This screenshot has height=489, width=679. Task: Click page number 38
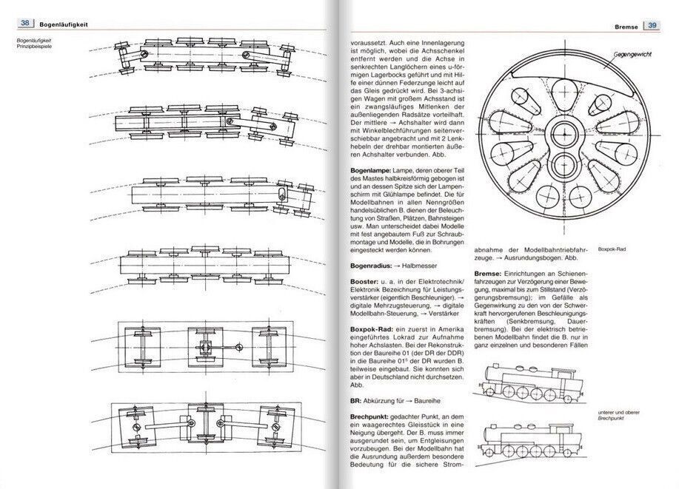coord(24,23)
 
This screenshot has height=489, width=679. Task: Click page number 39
coord(652,26)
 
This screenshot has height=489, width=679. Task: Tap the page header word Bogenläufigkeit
coord(63,24)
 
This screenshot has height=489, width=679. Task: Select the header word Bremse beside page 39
coord(626,27)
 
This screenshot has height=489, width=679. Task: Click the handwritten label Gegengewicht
coord(632,55)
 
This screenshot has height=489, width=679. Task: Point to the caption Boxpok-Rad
coord(612,249)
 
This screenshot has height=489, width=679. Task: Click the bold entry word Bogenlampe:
coord(371,170)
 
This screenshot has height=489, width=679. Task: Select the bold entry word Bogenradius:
coord(371,266)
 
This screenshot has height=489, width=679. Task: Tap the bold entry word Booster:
coord(363,282)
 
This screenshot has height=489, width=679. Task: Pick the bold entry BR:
coord(356,401)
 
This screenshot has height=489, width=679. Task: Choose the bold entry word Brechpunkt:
coord(369,417)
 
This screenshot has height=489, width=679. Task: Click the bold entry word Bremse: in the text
coord(488,274)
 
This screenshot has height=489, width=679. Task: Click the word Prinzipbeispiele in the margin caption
coord(34,46)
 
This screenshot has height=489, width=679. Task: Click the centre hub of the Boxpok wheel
coord(565,134)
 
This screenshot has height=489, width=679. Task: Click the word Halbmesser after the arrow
coord(420,266)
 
